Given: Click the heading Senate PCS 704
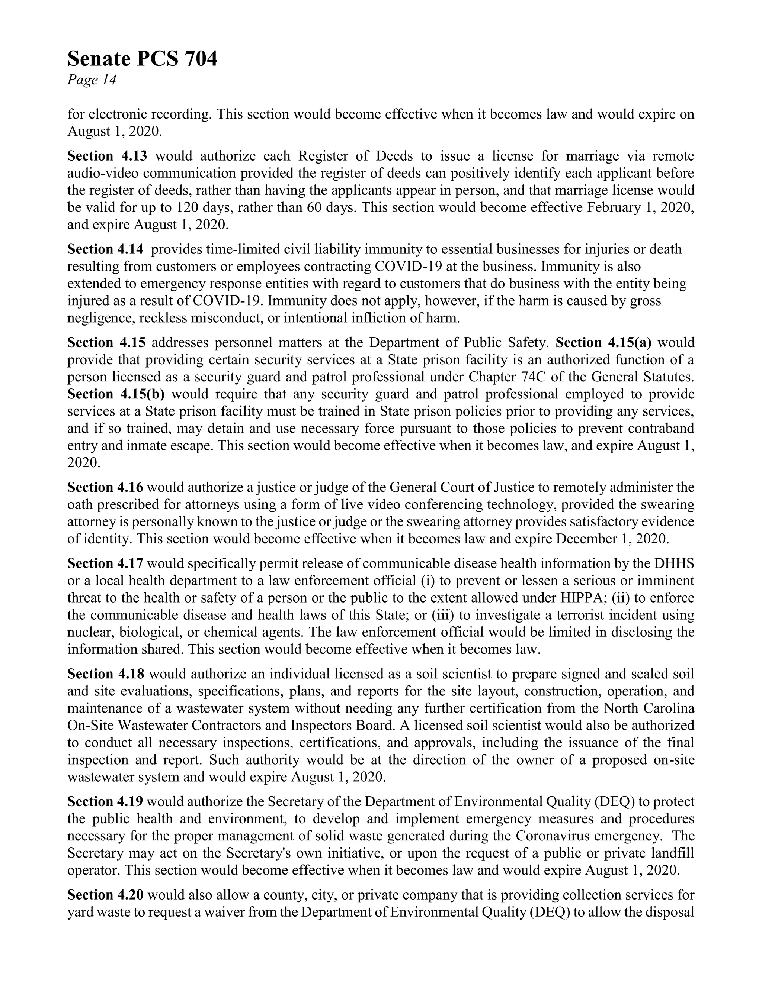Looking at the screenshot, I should point(142,59).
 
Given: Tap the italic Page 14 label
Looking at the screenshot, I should point(92,80).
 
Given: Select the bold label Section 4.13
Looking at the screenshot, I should point(107,156).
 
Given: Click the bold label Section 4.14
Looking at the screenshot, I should point(105,249).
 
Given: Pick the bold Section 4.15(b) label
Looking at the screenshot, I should point(116,394).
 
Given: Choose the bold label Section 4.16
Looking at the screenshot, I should point(105,488).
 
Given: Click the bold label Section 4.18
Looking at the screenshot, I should point(106,674).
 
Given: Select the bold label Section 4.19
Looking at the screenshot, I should point(105,802).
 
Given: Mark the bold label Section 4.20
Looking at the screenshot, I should point(105,895).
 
